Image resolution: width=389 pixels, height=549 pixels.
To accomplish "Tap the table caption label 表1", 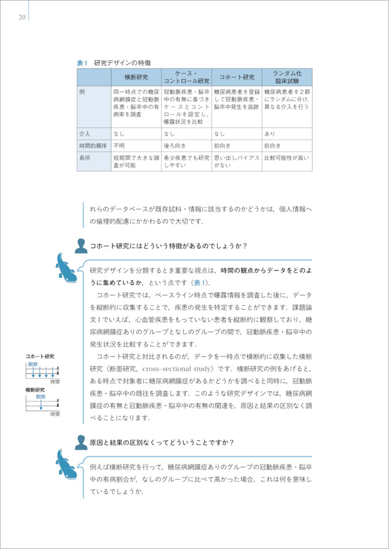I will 82,63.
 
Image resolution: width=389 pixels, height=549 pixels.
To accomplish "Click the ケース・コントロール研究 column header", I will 186,77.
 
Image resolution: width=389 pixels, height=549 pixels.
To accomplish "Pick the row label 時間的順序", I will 92,145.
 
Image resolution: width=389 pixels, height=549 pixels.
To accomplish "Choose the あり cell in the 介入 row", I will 270,133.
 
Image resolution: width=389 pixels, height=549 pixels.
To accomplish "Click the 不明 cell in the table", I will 119,145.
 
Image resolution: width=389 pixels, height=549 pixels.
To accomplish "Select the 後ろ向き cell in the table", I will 174,145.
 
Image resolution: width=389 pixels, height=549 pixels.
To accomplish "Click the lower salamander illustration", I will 66,464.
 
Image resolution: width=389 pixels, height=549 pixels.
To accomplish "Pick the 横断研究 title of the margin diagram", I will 36,390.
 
